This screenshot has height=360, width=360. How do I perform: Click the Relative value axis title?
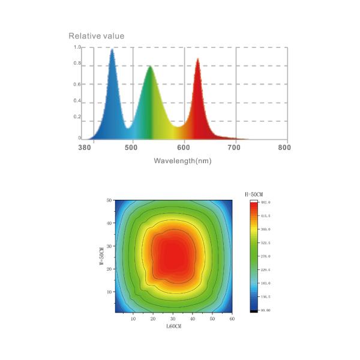(x=97, y=36)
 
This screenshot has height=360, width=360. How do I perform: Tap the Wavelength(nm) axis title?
(x=182, y=161)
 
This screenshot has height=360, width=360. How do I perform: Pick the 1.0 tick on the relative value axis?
(x=77, y=47)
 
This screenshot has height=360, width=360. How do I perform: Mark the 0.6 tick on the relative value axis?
(x=77, y=84)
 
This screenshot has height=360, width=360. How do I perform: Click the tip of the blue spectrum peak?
(x=112, y=49)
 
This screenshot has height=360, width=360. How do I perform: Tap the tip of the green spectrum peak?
(x=150, y=65)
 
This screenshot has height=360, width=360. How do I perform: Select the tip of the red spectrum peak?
(x=197, y=58)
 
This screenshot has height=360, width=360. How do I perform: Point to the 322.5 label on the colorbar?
(x=265, y=242)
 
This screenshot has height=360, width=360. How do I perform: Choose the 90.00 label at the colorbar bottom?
(x=265, y=310)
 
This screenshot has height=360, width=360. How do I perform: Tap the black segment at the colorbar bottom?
(x=253, y=310)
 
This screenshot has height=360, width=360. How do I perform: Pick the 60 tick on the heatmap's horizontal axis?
(x=232, y=319)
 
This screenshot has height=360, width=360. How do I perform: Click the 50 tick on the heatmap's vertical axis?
(x=109, y=200)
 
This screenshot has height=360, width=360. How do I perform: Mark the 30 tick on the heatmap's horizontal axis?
(x=173, y=319)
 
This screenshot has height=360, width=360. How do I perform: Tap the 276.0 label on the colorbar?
(x=265, y=256)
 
